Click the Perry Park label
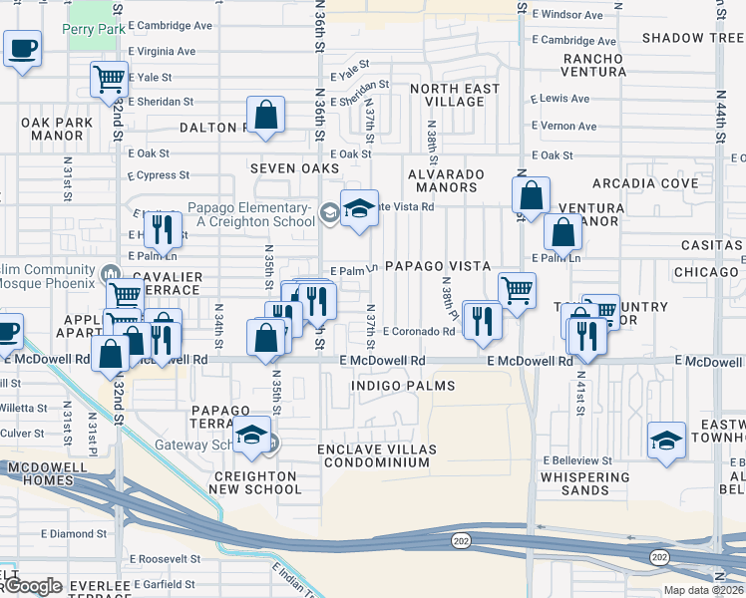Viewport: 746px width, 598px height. coord(94,30)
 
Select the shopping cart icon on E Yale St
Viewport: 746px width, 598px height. coord(109,79)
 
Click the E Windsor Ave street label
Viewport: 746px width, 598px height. coord(566,15)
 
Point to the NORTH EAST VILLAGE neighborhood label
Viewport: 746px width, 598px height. coord(454,96)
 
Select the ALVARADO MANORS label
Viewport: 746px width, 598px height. coord(444,180)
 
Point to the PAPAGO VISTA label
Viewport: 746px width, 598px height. coord(438,266)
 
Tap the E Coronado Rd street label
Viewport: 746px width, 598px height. coord(418,332)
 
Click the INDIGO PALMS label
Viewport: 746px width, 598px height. coord(403,386)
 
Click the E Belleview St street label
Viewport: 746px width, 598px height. coord(577,460)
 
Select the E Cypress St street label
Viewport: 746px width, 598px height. coord(160,175)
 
